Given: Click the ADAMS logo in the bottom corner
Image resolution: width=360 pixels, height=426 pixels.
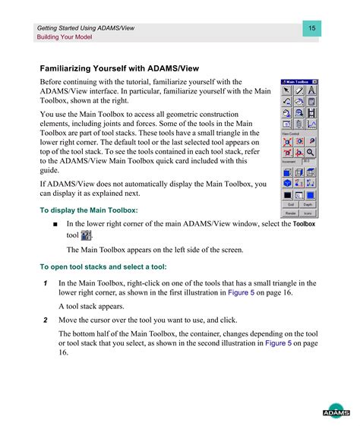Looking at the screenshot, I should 335,411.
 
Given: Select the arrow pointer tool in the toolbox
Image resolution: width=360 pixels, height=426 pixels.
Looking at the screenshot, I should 287,90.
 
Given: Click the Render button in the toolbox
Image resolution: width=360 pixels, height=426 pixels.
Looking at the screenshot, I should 290,213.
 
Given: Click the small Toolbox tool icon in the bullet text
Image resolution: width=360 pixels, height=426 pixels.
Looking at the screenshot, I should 85,236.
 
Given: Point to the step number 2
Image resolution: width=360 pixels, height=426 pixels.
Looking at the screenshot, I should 46,320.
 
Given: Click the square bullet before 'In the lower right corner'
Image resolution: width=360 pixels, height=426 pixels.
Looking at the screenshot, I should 55,225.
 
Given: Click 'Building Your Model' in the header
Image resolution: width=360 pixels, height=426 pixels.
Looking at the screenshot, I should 65,36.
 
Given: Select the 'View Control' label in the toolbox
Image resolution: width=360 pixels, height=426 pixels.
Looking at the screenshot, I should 291,133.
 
